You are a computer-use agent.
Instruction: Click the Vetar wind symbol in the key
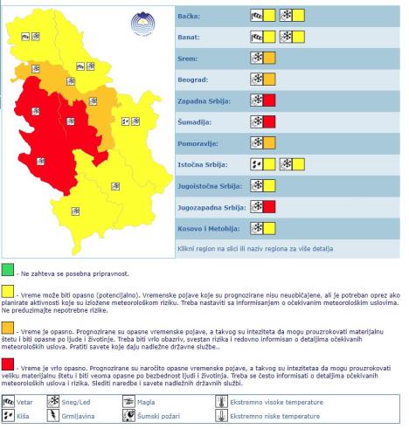10,402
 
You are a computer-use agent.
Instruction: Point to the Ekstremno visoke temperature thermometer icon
220,402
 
